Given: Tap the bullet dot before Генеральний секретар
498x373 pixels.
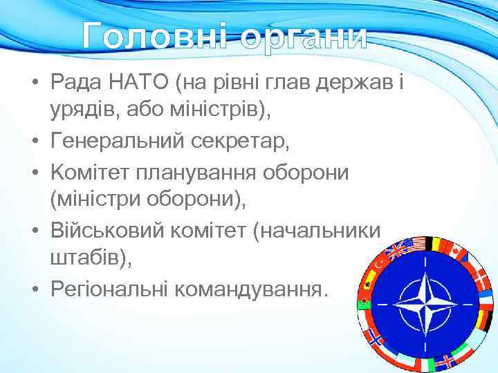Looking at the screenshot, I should pyautogui.click(x=33, y=142).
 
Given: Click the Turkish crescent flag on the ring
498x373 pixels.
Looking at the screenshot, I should pyautogui.click(x=381, y=261).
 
